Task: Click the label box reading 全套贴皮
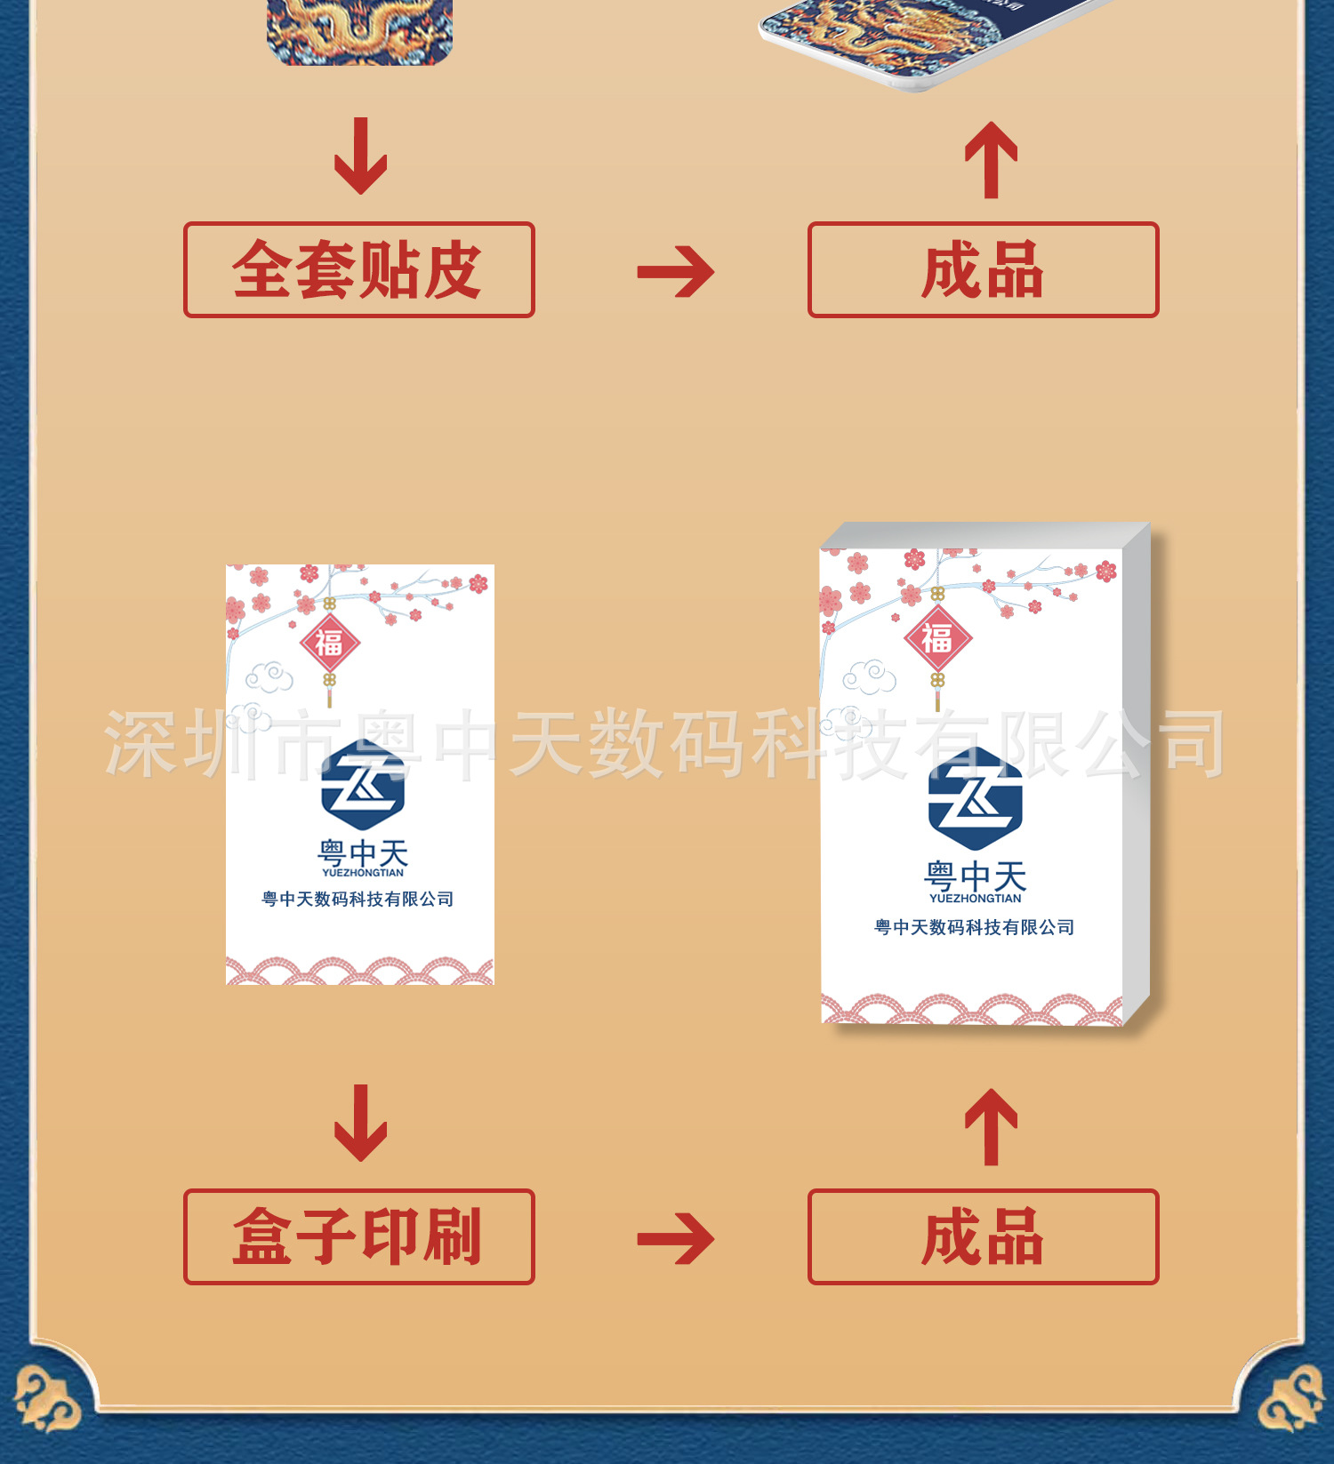(x=358, y=269)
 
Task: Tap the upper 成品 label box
(x=983, y=269)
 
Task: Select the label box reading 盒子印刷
(x=358, y=1236)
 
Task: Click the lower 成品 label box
(x=983, y=1236)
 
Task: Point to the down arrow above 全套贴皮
(x=360, y=156)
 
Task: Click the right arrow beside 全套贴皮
(x=676, y=271)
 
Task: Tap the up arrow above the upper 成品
(x=991, y=160)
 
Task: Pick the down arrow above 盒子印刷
(x=360, y=1123)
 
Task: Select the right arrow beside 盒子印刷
(x=676, y=1238)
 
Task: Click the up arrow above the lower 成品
(x=991, y=1127)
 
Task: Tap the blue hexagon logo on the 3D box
(x=975, y=798)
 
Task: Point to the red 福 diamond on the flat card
(x=329, y=642)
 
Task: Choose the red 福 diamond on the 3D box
(x=937, y=637)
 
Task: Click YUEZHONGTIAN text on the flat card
(x=363, y=873)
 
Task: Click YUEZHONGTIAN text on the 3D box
(x=975, y=899)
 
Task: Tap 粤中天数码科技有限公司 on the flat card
(x=358, y=899)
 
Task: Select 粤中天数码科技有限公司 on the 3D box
(x=974, y=927)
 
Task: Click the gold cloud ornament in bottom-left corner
(x=46, y=1400)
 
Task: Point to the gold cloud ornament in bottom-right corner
(x=1290, y=1400)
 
